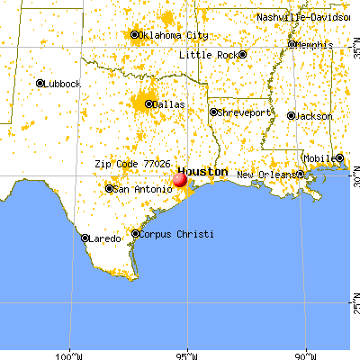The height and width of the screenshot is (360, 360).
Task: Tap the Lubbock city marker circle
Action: tap(40, 83)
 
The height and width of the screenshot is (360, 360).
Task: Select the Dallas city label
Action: tap(168, 104)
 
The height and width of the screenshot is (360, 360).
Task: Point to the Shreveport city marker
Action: tap(213, 112)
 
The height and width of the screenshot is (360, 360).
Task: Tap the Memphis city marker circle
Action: tap(292, 44)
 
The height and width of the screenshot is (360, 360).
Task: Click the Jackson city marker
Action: tap(292, 116)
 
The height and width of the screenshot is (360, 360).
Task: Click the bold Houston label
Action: tap(202, 171)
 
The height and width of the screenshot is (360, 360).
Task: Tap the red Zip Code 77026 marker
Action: tap(179, 180)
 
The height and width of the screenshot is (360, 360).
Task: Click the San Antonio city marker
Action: tap(109, 189)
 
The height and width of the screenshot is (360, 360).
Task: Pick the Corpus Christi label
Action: tap(178, 234)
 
